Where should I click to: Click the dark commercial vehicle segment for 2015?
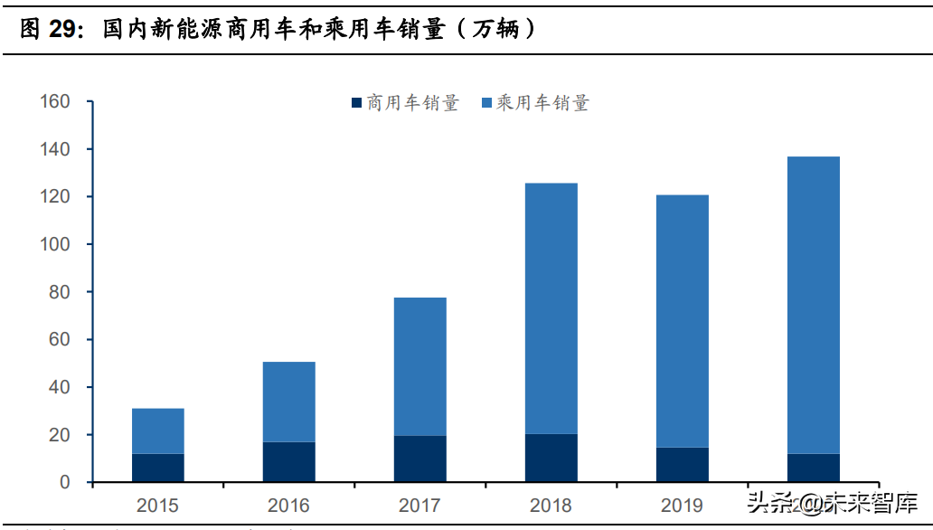click(158, 468)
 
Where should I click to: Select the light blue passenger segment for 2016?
click(289, 402)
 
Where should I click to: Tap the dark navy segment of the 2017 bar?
click(420, 459)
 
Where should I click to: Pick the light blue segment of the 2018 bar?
click(551, 308)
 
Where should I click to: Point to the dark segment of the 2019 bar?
click(683, 465)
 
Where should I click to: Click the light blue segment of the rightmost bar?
click(814, 305)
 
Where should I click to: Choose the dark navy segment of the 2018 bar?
click(551, 459)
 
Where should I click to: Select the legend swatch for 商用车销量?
click(356, 103)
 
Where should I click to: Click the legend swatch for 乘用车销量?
click(486, 103)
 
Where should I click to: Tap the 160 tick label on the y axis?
click(55, 101)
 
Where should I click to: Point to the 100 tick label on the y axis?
click(55, 244)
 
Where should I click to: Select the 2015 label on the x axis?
click(158, 506)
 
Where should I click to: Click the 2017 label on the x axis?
click(420, 506)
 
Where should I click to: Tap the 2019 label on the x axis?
click(683, 506)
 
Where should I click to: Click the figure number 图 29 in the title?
click(51, 29)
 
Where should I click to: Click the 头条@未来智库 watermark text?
click(832, 502)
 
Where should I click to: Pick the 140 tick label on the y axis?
click(55, 149)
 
